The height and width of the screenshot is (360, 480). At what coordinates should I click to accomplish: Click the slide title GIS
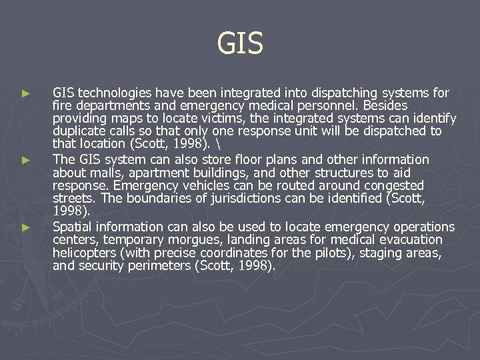point(240,44)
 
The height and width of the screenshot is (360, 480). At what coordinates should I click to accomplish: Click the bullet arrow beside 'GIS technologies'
point(26,93)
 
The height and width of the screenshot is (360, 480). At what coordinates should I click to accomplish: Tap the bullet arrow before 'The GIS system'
point(26,160)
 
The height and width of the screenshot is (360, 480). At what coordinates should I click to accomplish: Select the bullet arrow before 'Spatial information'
point(26,227)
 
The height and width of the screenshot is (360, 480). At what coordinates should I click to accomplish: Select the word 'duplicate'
point(79,131)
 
